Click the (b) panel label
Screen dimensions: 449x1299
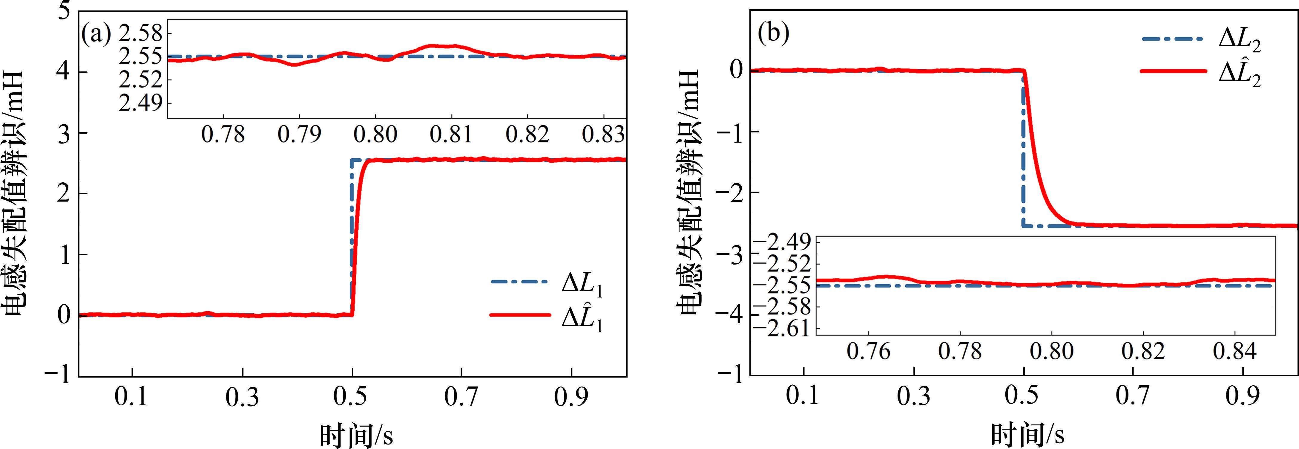[x=773, y=35]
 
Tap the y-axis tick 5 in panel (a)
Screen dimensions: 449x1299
[x=64, y=11]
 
